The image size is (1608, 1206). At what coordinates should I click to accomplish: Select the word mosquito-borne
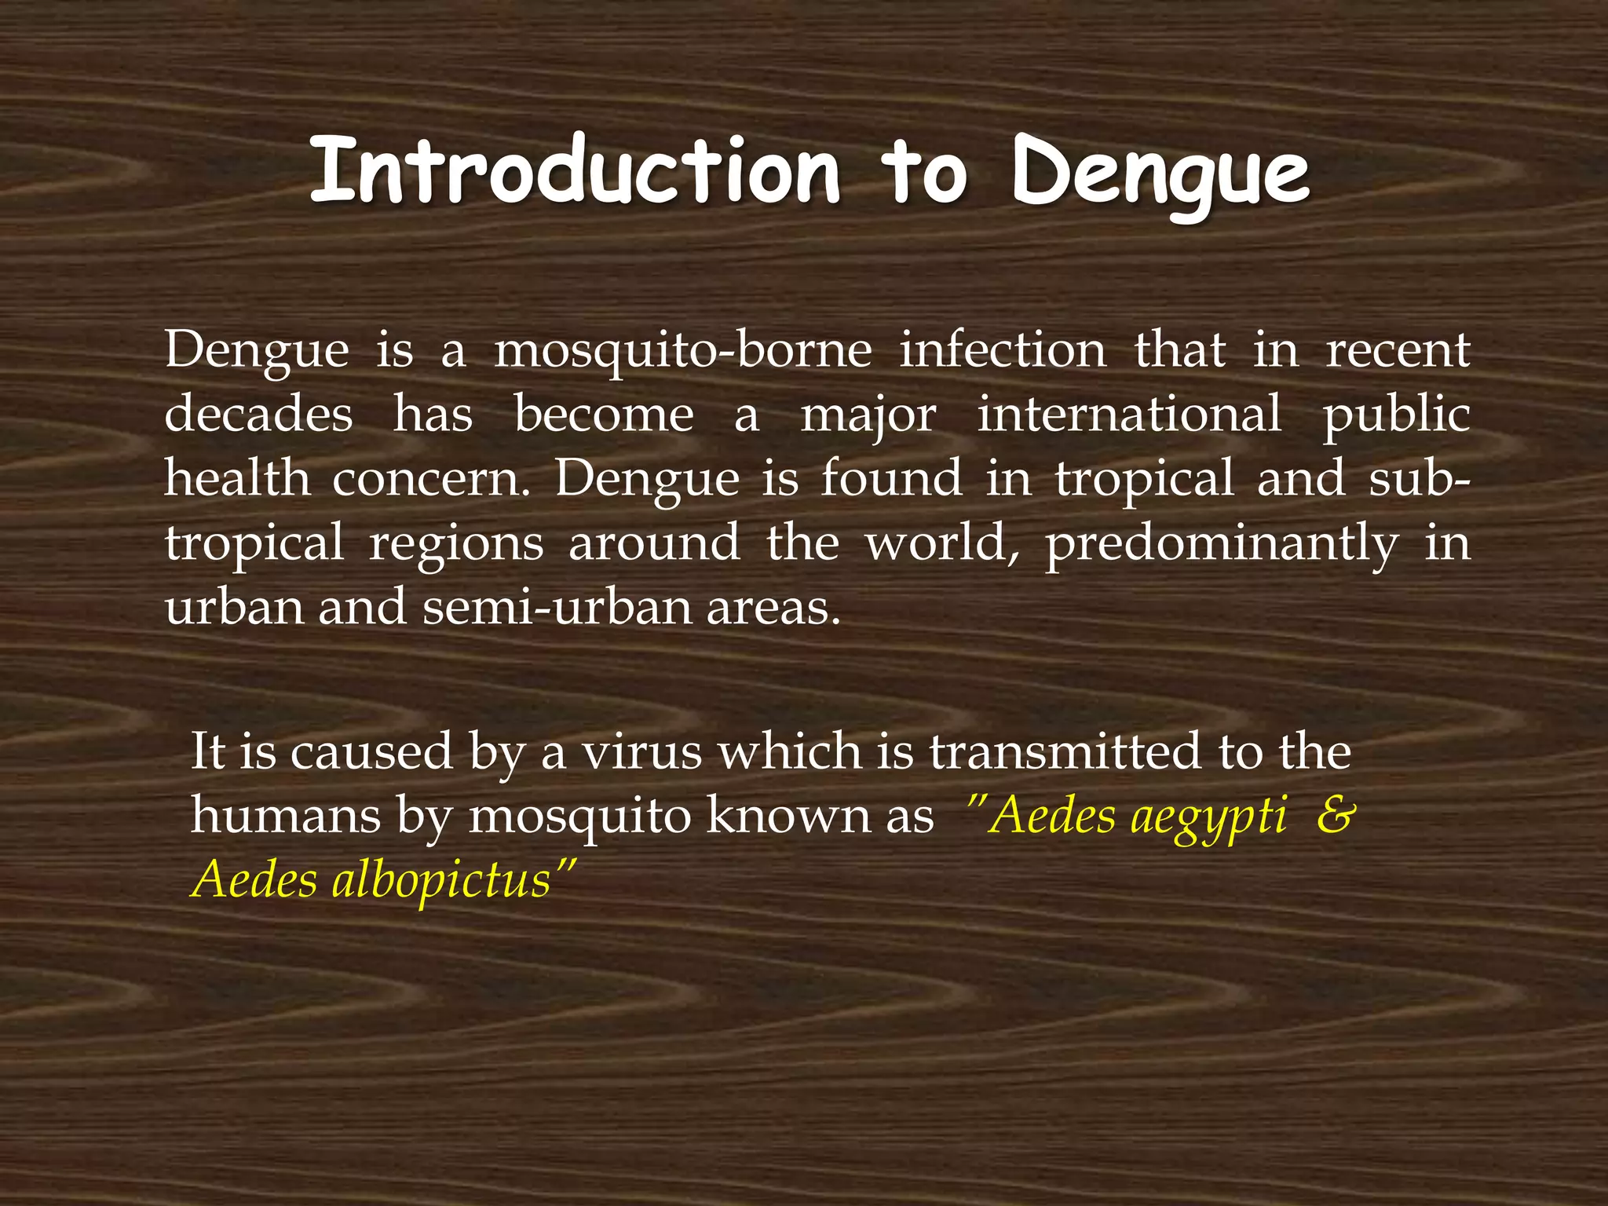(x=682, y=350)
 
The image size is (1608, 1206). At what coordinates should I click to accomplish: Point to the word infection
(x=1003, y=350)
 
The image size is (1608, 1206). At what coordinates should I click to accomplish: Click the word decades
(x=258, y=414)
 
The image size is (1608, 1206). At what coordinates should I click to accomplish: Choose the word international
(x=1129, y=414)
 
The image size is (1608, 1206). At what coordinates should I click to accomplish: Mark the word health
(x=237, y=478)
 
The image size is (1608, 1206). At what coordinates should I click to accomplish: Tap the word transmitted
(x=1065, y=751)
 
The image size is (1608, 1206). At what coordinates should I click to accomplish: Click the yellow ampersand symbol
(x=1336, y=816)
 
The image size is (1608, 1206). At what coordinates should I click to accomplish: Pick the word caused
(x=371, y=751)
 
